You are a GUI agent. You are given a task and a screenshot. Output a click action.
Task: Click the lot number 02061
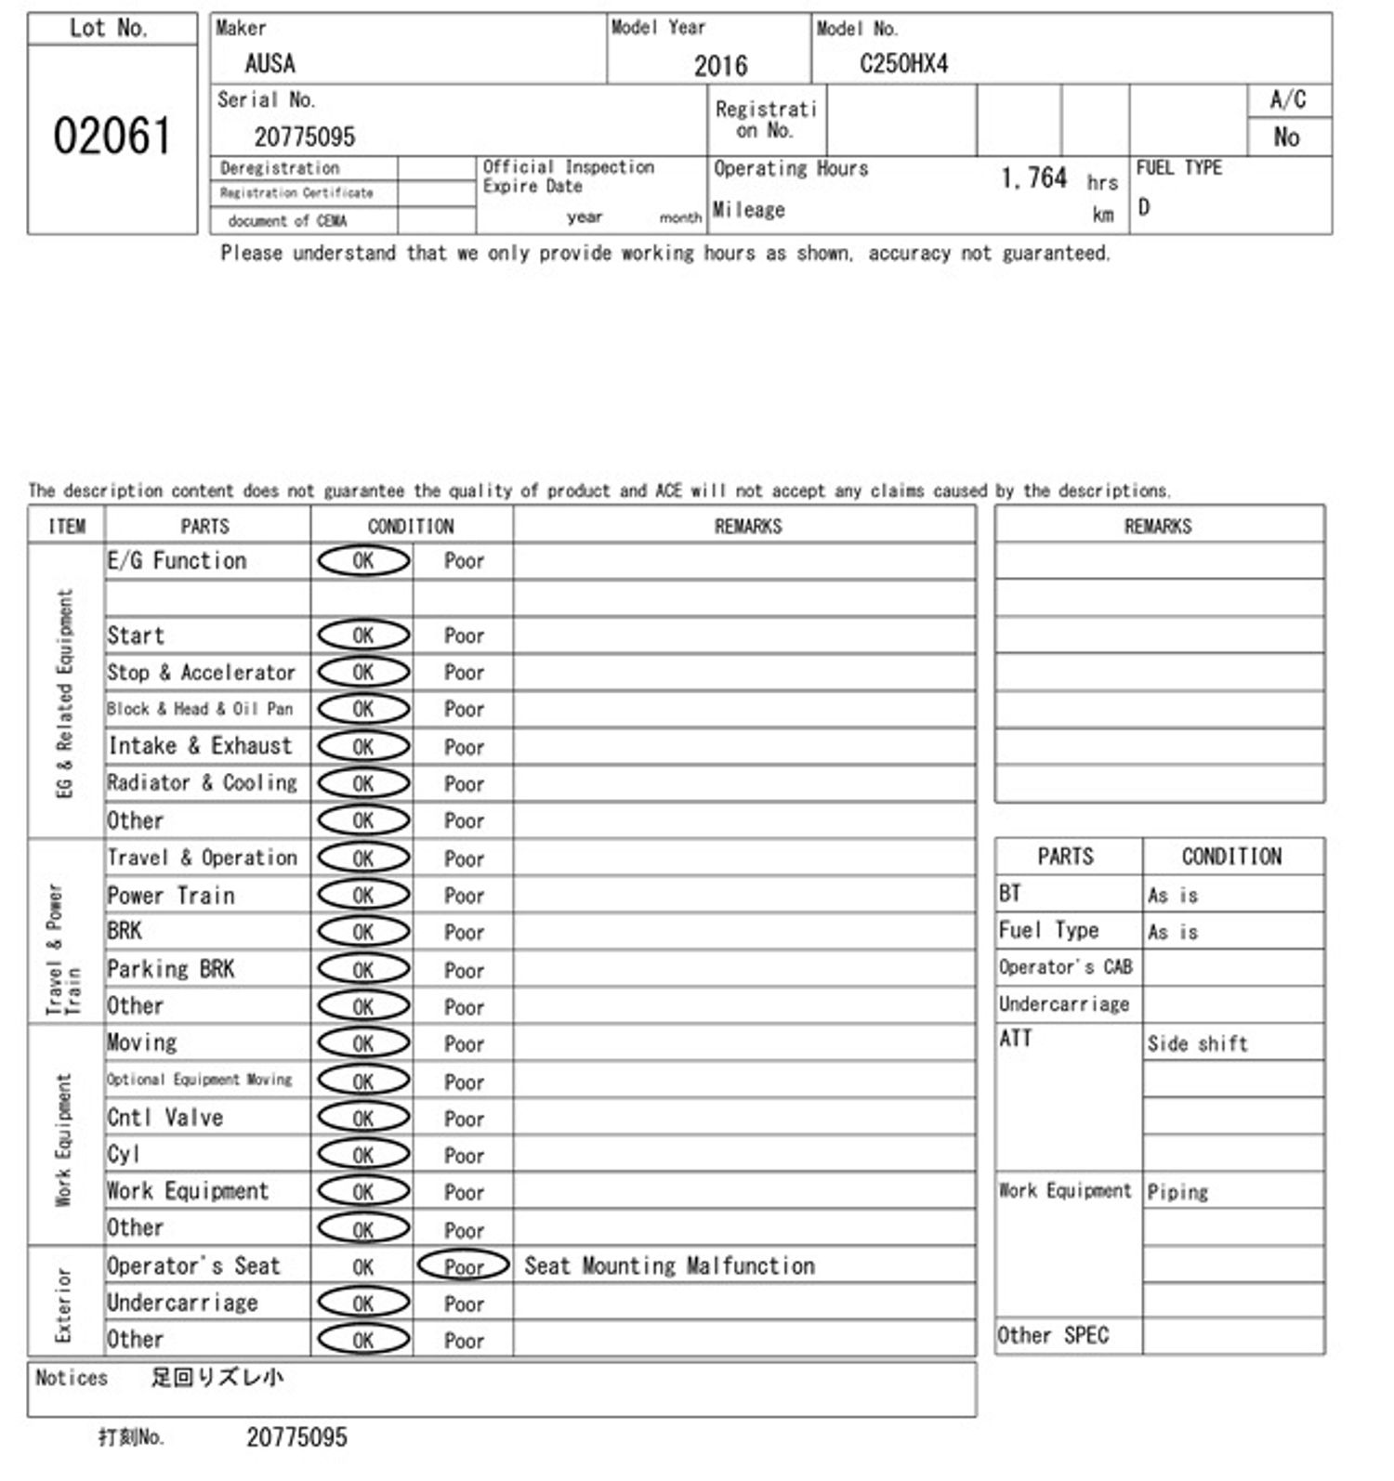pos(112,137)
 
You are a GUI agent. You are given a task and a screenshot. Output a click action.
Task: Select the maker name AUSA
pos(270,64)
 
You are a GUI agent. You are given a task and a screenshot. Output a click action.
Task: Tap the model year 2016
pos(720,66)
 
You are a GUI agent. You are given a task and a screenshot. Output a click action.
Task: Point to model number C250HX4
pos(903,64)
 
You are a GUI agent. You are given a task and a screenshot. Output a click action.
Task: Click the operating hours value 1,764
pos(1033,177)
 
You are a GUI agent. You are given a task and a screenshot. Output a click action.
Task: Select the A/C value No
pos(1286,138)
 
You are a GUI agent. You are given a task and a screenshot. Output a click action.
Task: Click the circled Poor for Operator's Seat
pos(464,1266)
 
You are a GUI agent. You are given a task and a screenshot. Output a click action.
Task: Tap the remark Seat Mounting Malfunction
pos(669,1266)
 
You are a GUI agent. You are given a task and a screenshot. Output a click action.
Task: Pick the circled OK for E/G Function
pos(363,561)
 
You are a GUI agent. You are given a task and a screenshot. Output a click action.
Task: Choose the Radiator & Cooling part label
pos(203,783)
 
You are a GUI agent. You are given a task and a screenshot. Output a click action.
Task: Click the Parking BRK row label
pos(171,969)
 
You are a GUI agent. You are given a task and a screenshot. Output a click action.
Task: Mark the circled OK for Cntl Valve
pos(363,1118)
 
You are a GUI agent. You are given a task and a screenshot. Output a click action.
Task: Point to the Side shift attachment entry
pos(1197,1043)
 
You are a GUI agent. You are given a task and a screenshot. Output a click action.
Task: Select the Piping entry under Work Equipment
pos(1177,1192)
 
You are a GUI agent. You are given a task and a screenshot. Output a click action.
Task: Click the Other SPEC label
pos(1053,1336)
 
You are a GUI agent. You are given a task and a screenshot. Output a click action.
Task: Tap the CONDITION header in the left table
pos(411,527)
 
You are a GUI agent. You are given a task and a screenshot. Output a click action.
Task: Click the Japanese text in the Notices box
pos(217,1378)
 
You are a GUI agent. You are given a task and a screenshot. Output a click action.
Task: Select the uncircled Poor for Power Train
pos(464,896)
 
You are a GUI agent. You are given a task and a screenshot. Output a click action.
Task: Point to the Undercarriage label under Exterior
pos(182,1304)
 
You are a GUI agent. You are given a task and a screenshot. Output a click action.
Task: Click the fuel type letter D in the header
pos(1144,207)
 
